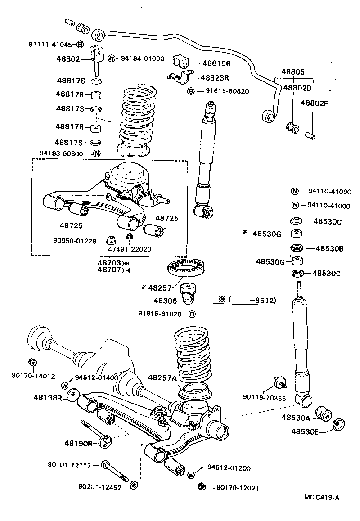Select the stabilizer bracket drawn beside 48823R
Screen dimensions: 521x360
179,77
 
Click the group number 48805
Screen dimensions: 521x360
293,72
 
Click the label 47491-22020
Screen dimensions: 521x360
130,249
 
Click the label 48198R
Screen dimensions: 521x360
48,397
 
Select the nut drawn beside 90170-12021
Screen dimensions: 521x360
202,487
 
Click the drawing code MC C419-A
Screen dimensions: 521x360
321,497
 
